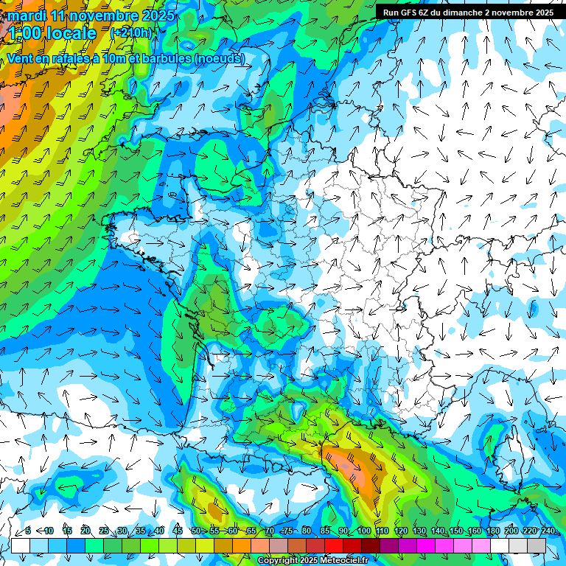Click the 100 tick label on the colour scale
pyautogui.click(x=364, y=531)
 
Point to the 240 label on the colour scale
pyautogui.click(x=548, y=531)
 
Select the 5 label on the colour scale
pyautogui.click(x=29, y=531)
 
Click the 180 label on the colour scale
pyautogui.click(x=492, y=531)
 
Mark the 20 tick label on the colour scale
pyautogui.click(x=85, y=531)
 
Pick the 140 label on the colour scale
pyautogui.click(x=438, y=531)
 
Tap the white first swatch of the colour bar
pyautogui.click(x=21, y=545)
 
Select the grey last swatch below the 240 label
pyautogui.click(x=537, y=545)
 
